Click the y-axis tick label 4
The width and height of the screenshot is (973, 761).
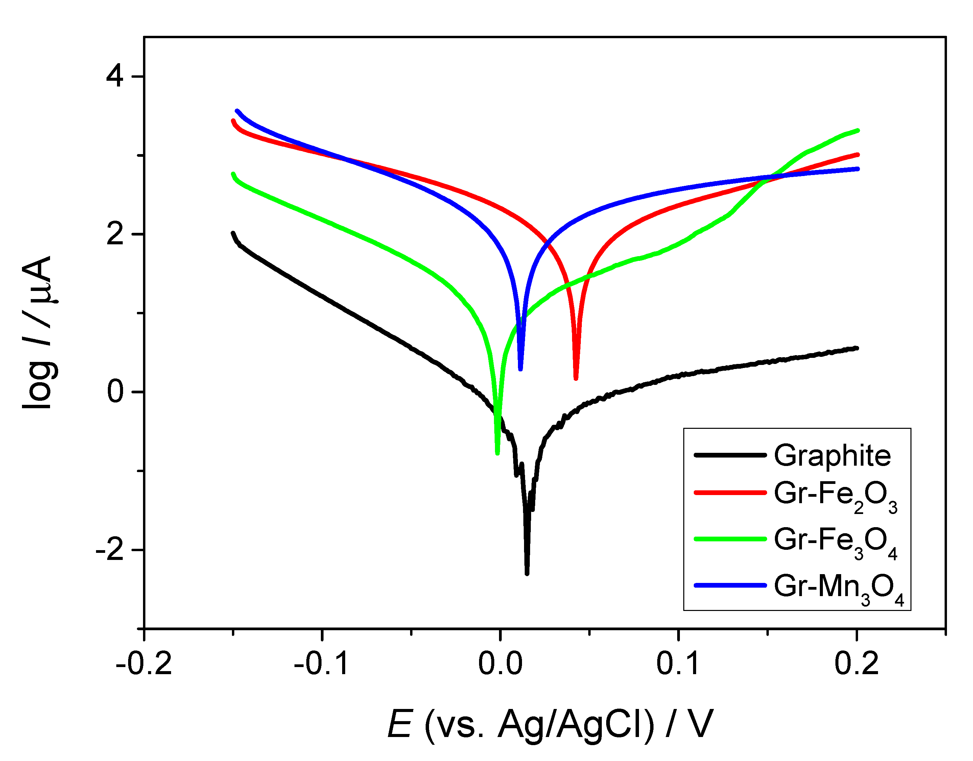115,77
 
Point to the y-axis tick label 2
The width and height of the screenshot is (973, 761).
115,235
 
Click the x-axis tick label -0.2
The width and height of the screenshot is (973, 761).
144,663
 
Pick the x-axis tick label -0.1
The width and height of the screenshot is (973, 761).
322,663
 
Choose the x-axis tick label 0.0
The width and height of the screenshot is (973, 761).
500,663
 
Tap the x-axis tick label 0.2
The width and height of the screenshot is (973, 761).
856,663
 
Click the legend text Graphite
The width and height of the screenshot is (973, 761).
832,456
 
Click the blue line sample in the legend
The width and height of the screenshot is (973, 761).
730,585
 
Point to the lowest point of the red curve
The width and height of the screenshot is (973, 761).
576,378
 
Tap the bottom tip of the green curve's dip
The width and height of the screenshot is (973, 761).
497,453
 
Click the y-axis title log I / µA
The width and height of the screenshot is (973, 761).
38,332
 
